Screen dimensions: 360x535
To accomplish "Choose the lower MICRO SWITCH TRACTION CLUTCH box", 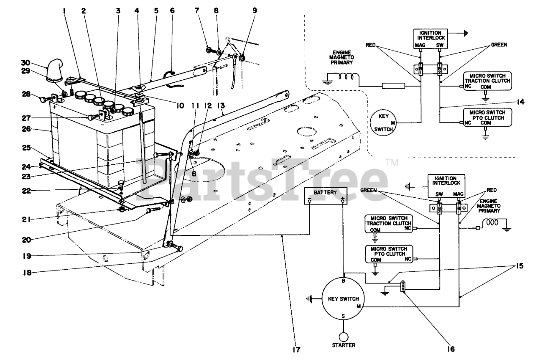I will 387,224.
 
